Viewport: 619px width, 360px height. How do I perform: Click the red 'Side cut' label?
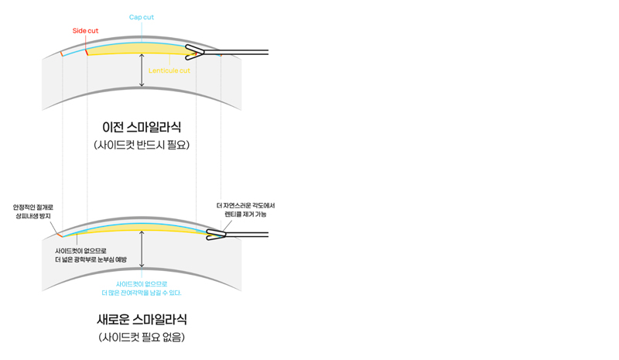tap(85, 31)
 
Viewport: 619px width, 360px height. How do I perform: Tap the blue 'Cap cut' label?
tap(142, 17)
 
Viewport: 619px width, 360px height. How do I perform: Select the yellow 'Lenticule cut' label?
tap(169, 70)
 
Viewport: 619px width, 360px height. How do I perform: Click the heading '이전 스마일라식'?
tap(142, 127)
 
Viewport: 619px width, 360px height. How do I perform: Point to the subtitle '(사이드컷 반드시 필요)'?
tap(142, 145)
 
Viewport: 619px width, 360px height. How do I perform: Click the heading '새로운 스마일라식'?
tap(142, 319)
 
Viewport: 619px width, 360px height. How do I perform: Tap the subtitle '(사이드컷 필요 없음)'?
tap(142, 337)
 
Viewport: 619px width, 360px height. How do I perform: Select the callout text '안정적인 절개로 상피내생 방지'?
tap(33, 211)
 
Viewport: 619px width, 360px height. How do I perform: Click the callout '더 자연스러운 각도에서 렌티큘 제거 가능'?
tap(245, 210)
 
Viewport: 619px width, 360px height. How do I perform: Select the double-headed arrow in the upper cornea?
tap(142, 70)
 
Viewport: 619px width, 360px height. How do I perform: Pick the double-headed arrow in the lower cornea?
tap(142, 249)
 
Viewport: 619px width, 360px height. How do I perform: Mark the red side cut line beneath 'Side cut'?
tap(86, 51)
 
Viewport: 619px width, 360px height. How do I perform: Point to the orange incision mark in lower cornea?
tap(60, 235)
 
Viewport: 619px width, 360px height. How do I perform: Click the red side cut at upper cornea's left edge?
tap(62, 53)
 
